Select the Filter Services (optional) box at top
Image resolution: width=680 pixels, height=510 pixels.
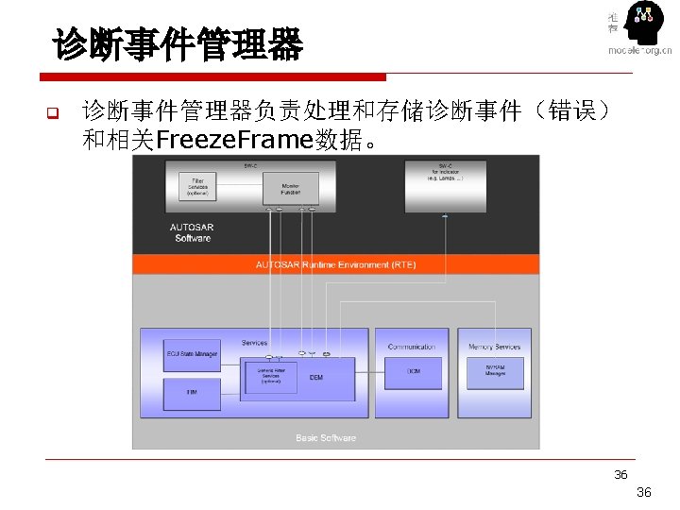pos(197,186)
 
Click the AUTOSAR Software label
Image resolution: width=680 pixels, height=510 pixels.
pos(192,232)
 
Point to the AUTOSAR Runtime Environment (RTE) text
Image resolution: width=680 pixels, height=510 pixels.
pos(335,264)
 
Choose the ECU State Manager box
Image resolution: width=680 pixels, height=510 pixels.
pos(192,355)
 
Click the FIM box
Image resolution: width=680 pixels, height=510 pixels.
pos(192,390)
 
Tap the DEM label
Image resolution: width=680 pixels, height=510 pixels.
pos(315,377)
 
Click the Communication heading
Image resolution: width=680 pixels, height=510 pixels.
pos(412,347)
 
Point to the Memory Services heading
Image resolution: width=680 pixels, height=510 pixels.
pos(494,347)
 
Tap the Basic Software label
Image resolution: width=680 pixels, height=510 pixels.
pos(326,437)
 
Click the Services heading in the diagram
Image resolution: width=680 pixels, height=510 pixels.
pos(254,343)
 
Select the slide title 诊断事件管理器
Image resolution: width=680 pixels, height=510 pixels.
pos(178,44)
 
